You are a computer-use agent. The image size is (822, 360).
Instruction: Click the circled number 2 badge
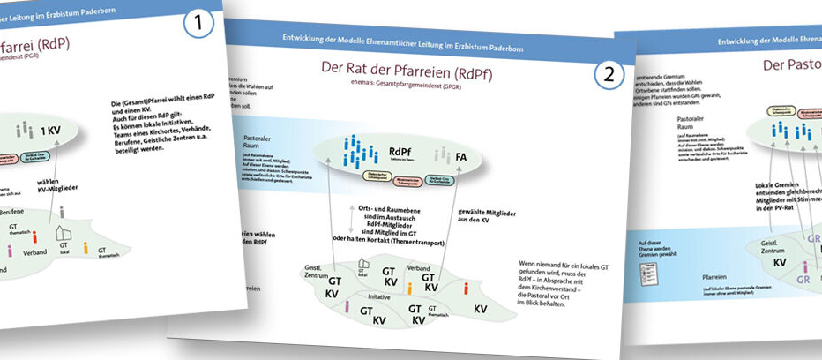pos(608,77)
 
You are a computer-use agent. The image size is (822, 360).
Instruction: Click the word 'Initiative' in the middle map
pos(378,297)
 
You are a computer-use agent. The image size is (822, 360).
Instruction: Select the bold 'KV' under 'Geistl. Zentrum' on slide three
pos(780,262)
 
